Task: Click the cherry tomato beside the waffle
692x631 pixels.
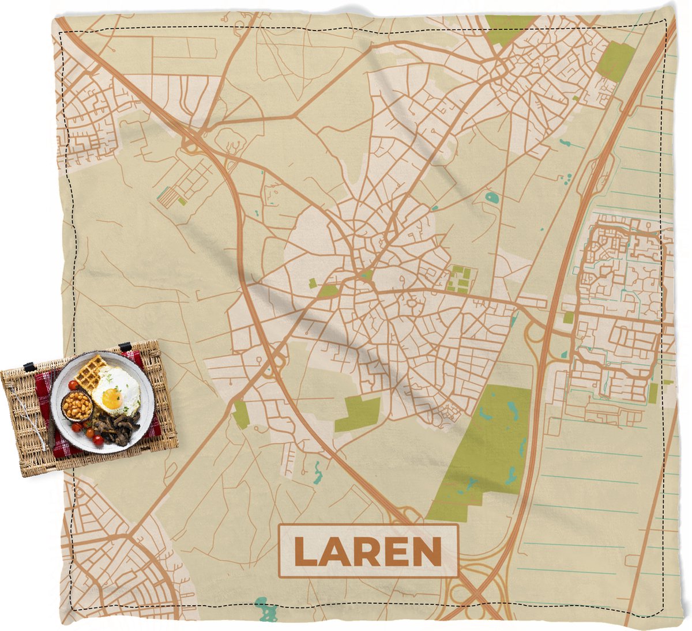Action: pos(73,384)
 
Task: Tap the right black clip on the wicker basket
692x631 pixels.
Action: pos(123,347)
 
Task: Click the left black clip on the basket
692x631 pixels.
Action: pos(28,367)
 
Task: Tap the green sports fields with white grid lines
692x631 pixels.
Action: pos(460,279)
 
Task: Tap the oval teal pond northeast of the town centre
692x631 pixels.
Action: pos(492,198)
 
